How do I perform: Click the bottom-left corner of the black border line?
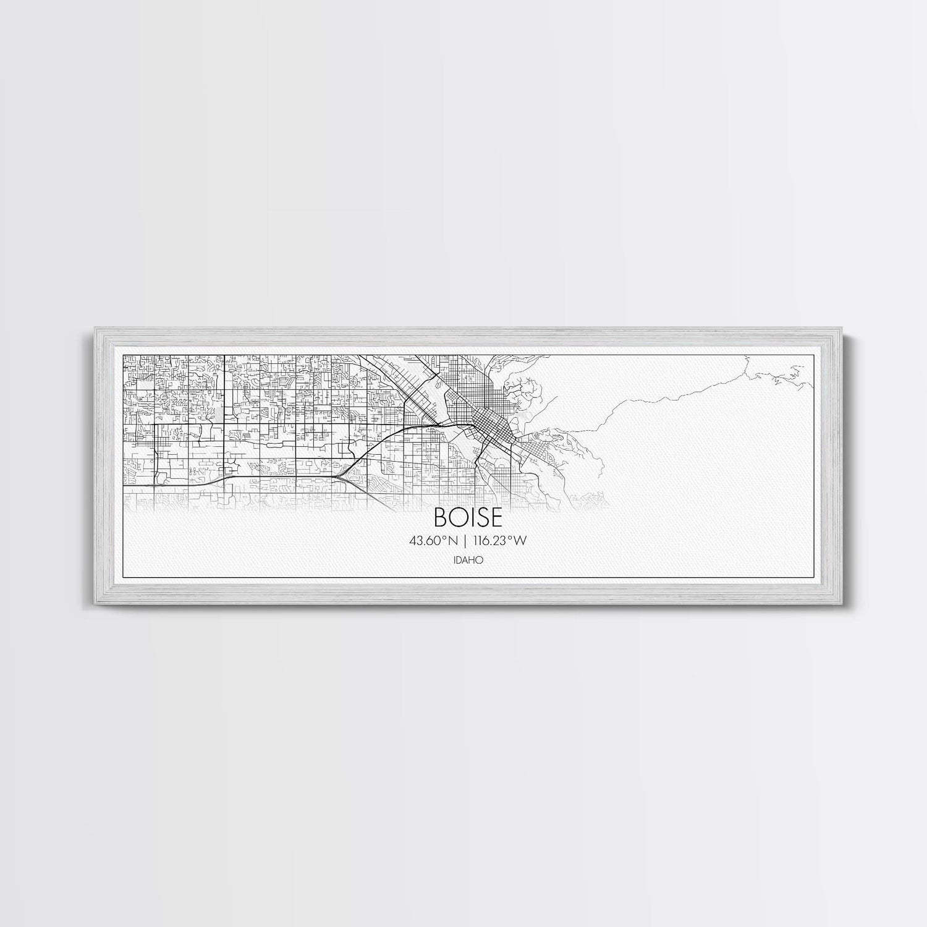point(124,577)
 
